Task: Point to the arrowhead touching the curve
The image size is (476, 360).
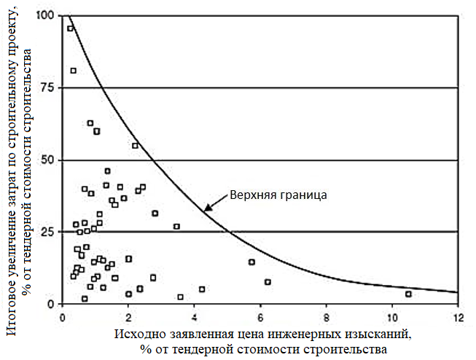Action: [206, 211]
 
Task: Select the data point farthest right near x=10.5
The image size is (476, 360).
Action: [408, 294]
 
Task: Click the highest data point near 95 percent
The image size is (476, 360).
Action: [70, 28]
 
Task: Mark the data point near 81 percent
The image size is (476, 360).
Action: [73, 71]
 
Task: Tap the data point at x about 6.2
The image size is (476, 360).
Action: [268, 282]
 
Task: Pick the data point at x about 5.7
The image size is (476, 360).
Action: [251, 262]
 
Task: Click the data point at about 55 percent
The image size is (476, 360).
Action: [135, 146]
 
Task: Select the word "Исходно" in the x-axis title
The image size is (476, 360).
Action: [136, 333]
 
